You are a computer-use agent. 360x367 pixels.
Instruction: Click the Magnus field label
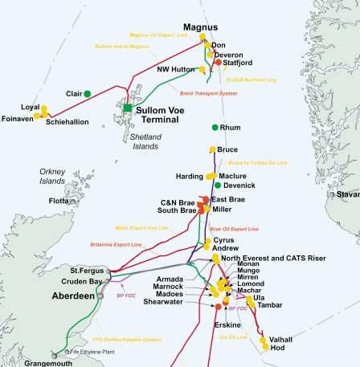200,27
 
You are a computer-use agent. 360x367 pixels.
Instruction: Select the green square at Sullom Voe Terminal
127,108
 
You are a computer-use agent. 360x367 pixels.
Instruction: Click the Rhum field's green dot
215,128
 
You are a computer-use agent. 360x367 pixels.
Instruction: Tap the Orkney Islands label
55,177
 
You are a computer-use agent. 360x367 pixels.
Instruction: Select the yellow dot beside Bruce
212,149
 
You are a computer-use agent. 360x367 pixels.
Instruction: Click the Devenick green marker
207,186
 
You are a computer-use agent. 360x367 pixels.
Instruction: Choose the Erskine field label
227,324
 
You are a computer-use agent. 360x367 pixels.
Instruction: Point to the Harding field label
189,175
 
